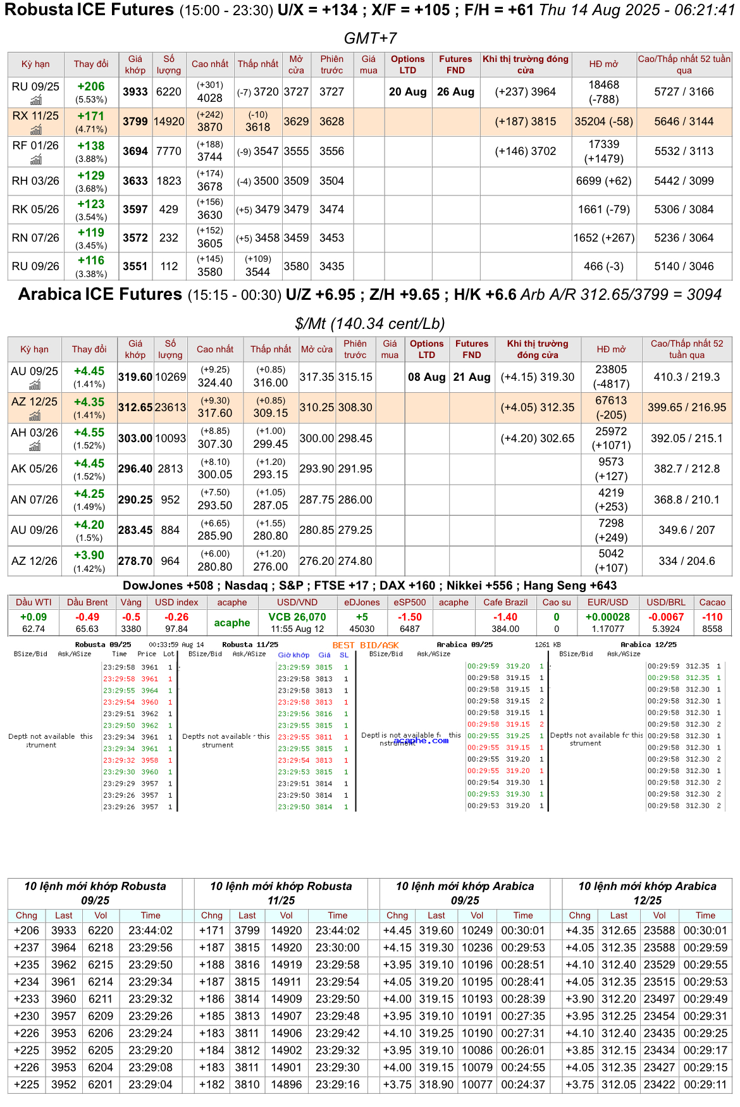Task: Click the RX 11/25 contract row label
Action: [35, 116]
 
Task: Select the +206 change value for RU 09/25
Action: [91, 87]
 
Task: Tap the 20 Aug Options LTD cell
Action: [407, 92]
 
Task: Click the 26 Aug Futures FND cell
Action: [455, 92]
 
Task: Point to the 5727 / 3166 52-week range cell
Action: [684, 92]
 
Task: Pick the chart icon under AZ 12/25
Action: [35, 416]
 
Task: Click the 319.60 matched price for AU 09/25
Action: [135, 377]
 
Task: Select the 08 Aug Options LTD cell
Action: [426, 377]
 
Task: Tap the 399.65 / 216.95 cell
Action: [686, 407]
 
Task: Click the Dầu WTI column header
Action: [34, 602]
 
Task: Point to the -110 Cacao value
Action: [712, 617]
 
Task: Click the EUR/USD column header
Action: [607, 602]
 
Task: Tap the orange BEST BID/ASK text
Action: [366, 645]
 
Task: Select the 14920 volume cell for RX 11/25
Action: [169, 121]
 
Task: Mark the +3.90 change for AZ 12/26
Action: [89, 555]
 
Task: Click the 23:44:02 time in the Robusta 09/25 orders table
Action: [151, 931]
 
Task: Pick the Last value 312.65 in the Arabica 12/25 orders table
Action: [619, 931]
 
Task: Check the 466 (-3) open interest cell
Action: [603, 266]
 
